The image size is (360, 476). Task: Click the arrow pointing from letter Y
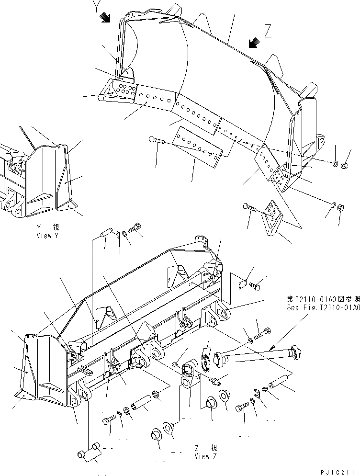point(104,17)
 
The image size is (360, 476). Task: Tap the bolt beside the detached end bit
point(250,207)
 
